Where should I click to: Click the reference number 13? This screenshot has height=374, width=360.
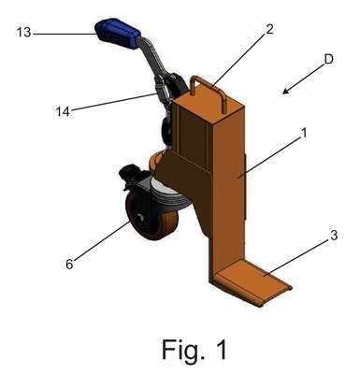(x=24, y=32)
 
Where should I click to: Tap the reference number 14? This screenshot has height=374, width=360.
(x=63, y=111)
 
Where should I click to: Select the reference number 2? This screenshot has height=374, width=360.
(x=269, y=29)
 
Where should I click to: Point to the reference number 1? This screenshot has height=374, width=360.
(x=304, y=133)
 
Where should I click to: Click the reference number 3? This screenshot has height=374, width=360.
(x=334, y=236)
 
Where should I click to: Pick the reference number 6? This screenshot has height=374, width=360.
(x=69, y=264)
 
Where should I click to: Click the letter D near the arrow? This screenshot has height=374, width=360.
(x=329, y=59)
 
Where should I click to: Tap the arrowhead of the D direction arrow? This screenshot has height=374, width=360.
(x=286, y=91)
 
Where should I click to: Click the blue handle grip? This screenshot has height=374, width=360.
(x=117, y=33)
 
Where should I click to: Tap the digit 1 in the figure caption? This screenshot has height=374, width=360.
(x=221, y=349)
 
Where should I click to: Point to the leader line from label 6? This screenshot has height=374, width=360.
(x=102, y=240)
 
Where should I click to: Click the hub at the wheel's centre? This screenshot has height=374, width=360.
(x=139, y=217)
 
